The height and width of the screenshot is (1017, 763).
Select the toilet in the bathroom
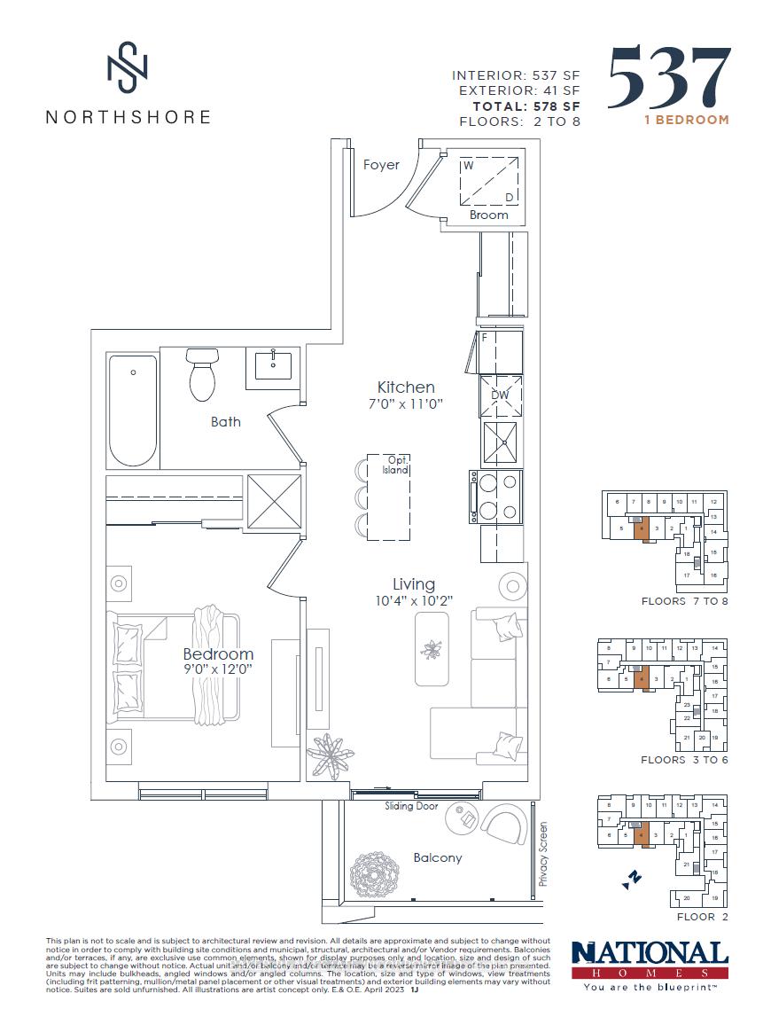202,373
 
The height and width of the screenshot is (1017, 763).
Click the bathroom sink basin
274,365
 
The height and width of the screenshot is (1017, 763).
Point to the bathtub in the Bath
133,410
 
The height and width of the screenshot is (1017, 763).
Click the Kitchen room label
406,387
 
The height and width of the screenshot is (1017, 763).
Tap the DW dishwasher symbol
501,395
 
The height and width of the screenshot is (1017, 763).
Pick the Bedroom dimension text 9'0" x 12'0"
218,669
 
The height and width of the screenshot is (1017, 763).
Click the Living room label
414,584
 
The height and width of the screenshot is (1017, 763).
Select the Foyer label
381,164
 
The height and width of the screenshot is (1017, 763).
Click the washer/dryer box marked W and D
488,180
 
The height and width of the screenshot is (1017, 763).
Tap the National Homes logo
649,964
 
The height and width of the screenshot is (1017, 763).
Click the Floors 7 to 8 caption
685,600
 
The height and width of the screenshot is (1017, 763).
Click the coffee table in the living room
432,648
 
